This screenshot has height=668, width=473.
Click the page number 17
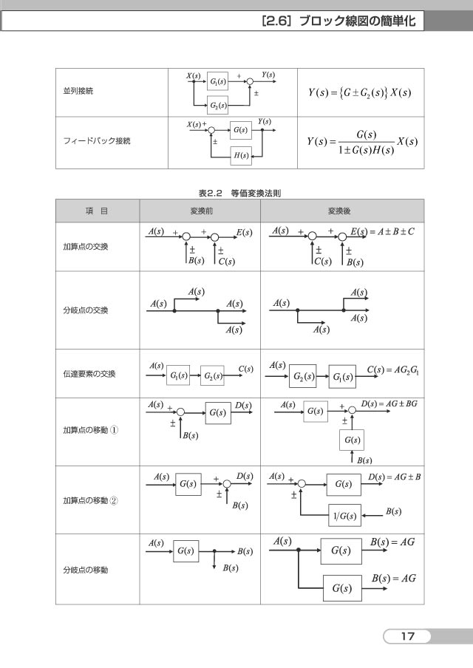(407, 636)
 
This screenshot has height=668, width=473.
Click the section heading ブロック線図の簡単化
(358, 21)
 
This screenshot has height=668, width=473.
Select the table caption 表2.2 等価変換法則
(239, 193)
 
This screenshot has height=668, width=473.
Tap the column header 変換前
(201, 211)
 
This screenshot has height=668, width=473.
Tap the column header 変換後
(339, 211)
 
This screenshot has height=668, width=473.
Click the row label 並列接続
(78, 91)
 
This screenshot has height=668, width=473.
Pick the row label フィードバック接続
(96, 140)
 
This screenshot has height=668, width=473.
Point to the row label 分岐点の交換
(86, 310)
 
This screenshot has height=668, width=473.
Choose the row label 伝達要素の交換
(89, 374)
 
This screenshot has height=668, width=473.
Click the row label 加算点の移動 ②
(91, 500)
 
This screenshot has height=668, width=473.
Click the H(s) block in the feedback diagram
(241, 155)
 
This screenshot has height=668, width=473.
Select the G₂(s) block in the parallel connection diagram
(218, 105)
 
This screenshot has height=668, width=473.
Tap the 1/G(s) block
(344, 516)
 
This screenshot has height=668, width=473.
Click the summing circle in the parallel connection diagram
(251, 82)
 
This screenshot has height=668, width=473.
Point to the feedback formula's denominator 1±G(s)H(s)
(366, 150)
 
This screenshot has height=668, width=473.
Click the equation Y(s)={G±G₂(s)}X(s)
(360, 92)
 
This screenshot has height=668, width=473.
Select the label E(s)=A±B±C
(382, 232)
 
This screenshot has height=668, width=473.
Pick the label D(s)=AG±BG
(389, 403)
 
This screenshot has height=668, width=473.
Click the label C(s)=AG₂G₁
(393, 369)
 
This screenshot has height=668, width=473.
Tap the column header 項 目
(97, 211)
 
